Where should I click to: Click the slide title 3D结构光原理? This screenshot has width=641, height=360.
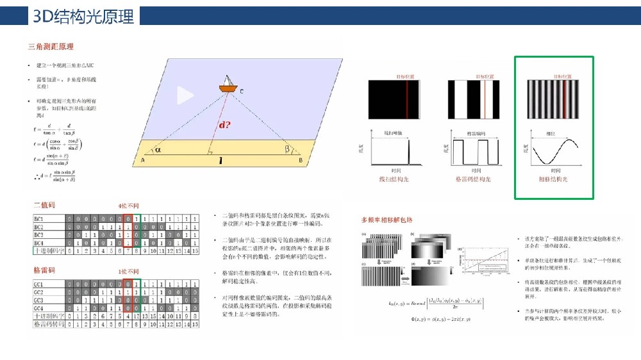coord(84,16)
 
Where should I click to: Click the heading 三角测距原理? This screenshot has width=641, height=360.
coord(51,47)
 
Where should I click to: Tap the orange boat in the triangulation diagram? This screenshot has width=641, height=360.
coord(226,85)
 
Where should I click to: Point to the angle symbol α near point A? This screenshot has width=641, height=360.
coord(158,150)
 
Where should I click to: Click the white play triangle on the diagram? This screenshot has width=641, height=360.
coord(185,95)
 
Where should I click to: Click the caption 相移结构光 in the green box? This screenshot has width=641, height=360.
coord(553,179)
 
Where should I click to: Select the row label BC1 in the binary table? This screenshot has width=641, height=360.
coord(39,218)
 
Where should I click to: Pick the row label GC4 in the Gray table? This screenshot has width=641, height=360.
coord(39,307)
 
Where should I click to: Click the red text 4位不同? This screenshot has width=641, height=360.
coord(128,206)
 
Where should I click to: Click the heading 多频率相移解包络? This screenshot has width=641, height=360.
coord(387,220)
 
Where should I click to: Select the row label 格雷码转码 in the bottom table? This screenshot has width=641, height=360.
coord(48,325)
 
